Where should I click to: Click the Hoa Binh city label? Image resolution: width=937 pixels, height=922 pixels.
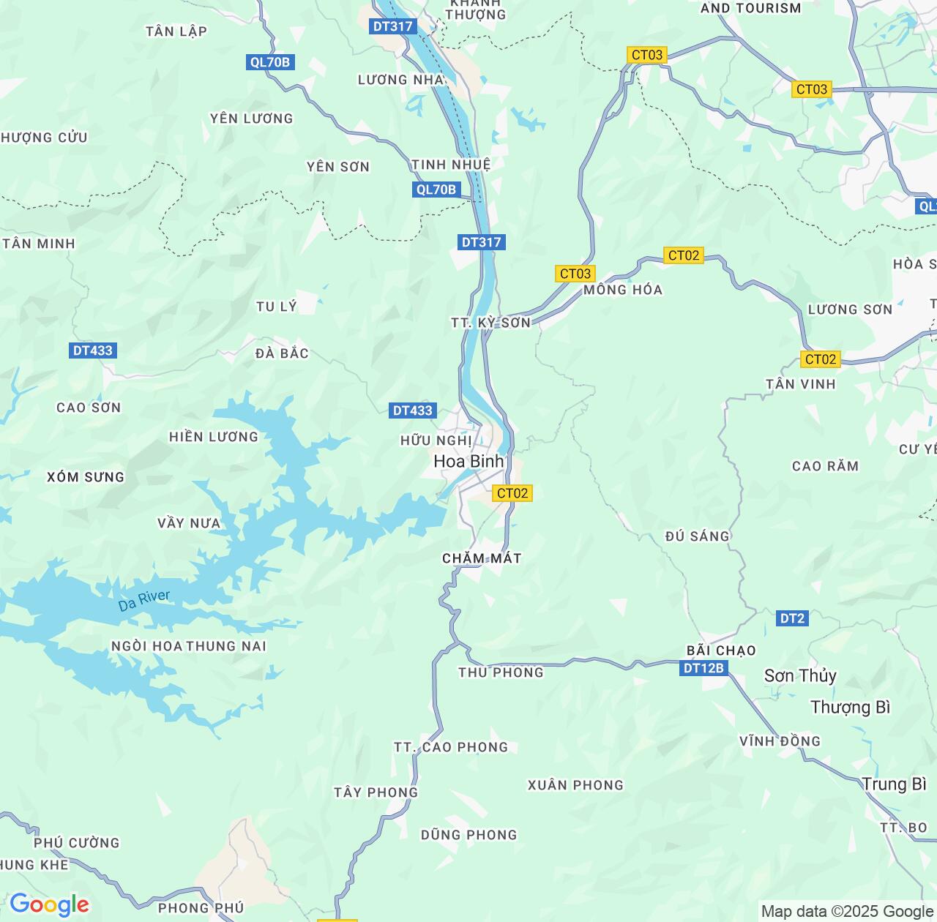468,462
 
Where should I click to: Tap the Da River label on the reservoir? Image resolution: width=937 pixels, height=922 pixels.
144,601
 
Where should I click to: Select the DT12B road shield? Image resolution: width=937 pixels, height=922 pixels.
703,668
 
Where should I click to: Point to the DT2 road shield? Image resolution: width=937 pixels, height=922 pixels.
791,618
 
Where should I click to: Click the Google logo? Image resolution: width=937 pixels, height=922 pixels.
49,904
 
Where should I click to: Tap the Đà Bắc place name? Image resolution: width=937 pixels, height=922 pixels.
282,353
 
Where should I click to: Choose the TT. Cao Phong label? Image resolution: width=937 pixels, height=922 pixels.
450,747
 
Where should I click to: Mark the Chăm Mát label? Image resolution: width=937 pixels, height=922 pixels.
482,558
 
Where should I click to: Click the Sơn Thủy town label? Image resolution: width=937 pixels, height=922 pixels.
799,675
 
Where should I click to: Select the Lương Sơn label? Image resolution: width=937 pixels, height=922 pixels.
850,310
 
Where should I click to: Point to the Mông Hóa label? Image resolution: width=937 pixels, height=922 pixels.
623,290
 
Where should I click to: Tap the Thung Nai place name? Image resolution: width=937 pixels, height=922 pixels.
226,646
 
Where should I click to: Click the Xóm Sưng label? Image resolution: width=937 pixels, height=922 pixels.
86,477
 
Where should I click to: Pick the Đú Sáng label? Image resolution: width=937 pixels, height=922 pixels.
697,536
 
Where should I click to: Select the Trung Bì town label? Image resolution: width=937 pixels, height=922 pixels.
894,784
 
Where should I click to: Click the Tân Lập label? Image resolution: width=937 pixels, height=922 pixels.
176,31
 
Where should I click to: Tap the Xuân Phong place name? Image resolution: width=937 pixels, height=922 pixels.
575,785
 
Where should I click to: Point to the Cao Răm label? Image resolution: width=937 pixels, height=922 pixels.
825,466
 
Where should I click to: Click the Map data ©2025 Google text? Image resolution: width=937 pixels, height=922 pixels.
847,911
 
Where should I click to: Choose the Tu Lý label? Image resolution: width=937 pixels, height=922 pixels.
277,307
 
